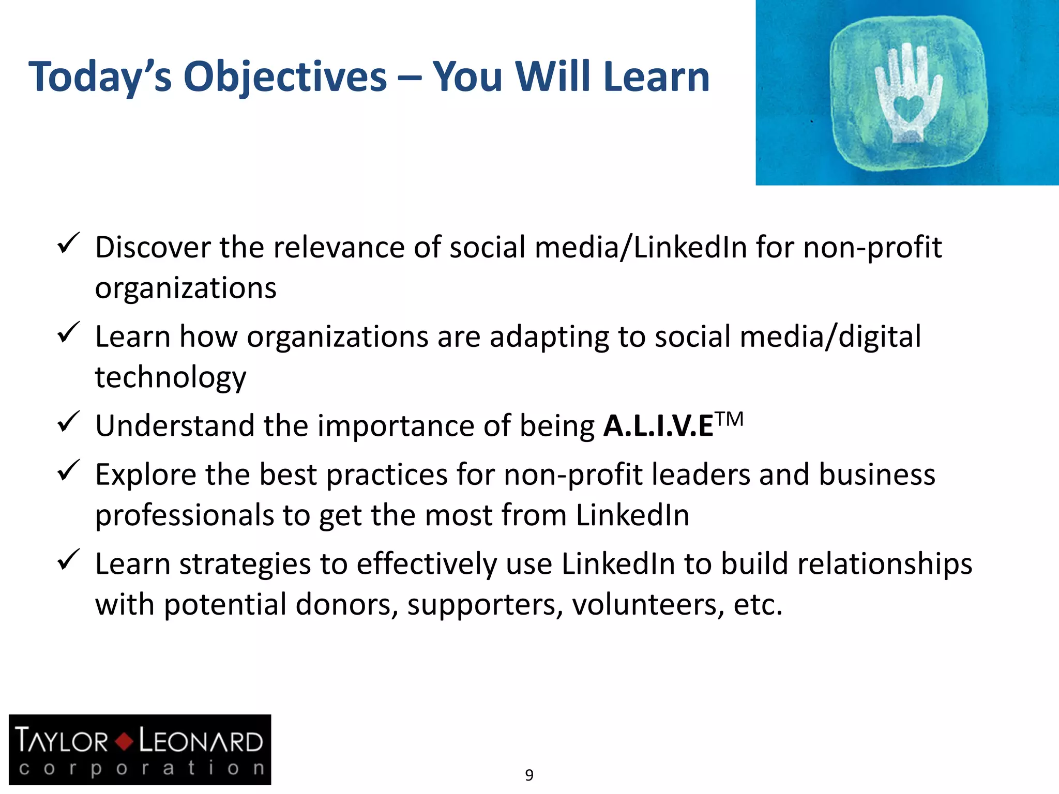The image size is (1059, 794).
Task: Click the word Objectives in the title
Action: pyautogui.click(x=285, y=78)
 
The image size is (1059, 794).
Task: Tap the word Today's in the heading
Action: pyautogui.click(x=100, y=78)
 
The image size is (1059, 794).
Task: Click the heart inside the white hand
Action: pyautogui.click(x=908, y=108)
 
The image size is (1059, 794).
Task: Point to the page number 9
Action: pyautogui.click(x=529, y=775)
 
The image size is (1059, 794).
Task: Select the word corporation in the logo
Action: pyautogui.click(x=141, y=768)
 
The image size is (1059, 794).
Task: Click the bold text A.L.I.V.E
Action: pyautogui.click(x=658, y=426)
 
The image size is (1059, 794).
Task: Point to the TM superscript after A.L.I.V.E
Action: pyautogui.click(x=730, y=418)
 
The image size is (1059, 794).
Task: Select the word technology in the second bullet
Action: pyautogui.click(x=171, y=377)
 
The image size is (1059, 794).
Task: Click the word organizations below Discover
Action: pyautogui.click(x=186, y=288)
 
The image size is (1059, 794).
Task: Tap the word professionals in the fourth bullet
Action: pyautogui.click(x=185, y=515)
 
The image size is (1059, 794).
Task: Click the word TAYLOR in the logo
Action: pyautogui.click(x=62, y=741)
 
